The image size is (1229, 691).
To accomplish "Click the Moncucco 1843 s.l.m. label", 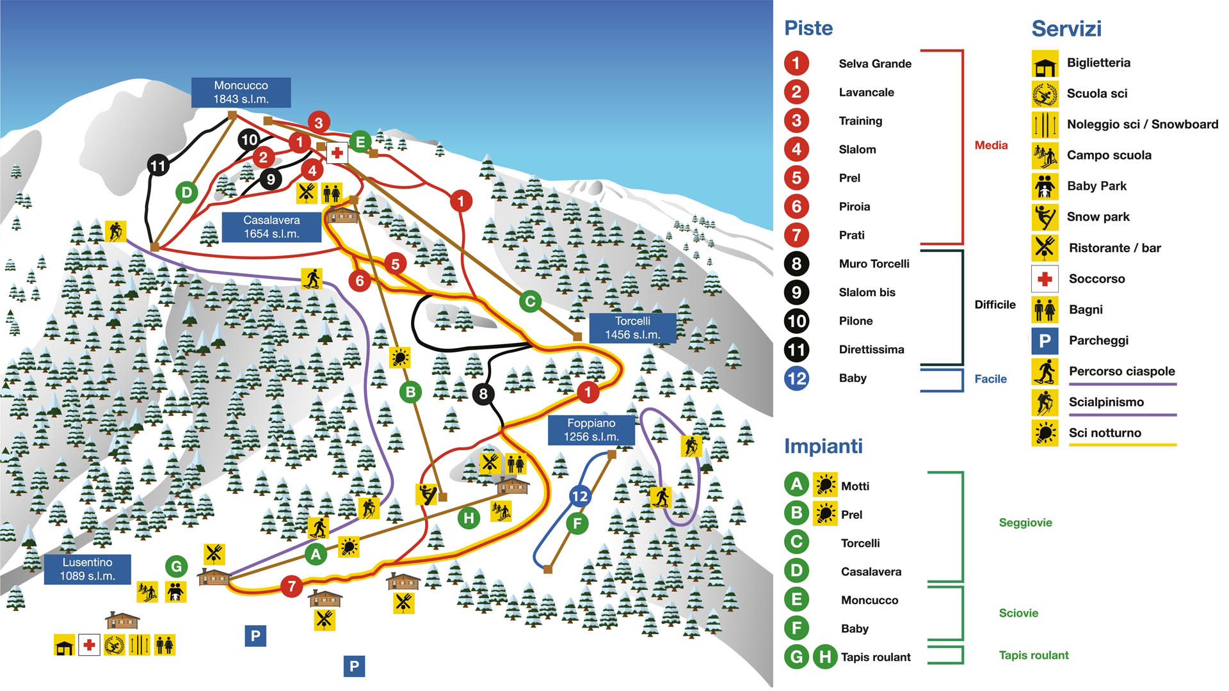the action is [x=241, y=92].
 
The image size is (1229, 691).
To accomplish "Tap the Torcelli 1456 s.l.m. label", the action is [x=632, y=328].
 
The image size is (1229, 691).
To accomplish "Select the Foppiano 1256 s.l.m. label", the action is [x=591, y=430].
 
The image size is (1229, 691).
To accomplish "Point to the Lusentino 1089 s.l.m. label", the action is [x=87, y=569].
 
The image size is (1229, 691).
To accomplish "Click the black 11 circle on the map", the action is [x=158, y=166].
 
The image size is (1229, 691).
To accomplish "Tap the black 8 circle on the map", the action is [x=483, y=394].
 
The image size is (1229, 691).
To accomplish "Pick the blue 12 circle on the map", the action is [x=579, y=496].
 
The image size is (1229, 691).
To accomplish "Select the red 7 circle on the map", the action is [x=292, y=586].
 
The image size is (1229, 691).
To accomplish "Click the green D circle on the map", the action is [x=186, y=192].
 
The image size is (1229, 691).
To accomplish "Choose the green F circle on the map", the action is [x=577, y=524].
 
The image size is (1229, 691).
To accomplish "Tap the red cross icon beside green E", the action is [x=337, y=153].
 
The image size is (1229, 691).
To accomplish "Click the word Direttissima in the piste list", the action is [x=871, y=349].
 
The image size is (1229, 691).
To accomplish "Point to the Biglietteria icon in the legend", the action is [x=1045, y=63].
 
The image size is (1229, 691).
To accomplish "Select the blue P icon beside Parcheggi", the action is [x=1045, y=341].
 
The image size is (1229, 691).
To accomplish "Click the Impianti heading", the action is [x=823, y=446].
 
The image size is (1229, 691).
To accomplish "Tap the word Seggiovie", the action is [x=1025, y=523].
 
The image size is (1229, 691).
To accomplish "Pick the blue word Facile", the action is [x=990, y=379].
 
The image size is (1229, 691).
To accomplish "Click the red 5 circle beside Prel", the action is [x=796, y=178].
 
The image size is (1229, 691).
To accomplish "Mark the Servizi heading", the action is [x=1066, y=29].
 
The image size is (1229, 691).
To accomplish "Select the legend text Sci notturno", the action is [x=1105, y=433].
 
